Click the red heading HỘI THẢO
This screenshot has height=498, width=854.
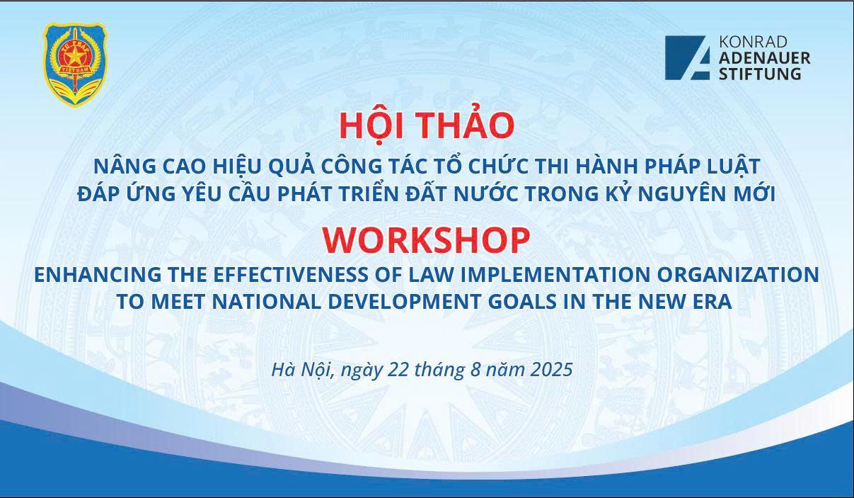coord(427,125)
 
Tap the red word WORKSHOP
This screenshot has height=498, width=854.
coord(426,241)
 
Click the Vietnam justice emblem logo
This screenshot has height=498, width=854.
coord(76,65)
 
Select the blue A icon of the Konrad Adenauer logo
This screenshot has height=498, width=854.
coord(688,57)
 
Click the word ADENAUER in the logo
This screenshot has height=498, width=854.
coord(764,58)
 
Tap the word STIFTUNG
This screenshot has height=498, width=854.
coord(760,74)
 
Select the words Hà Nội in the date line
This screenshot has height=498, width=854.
coord(303,369)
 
